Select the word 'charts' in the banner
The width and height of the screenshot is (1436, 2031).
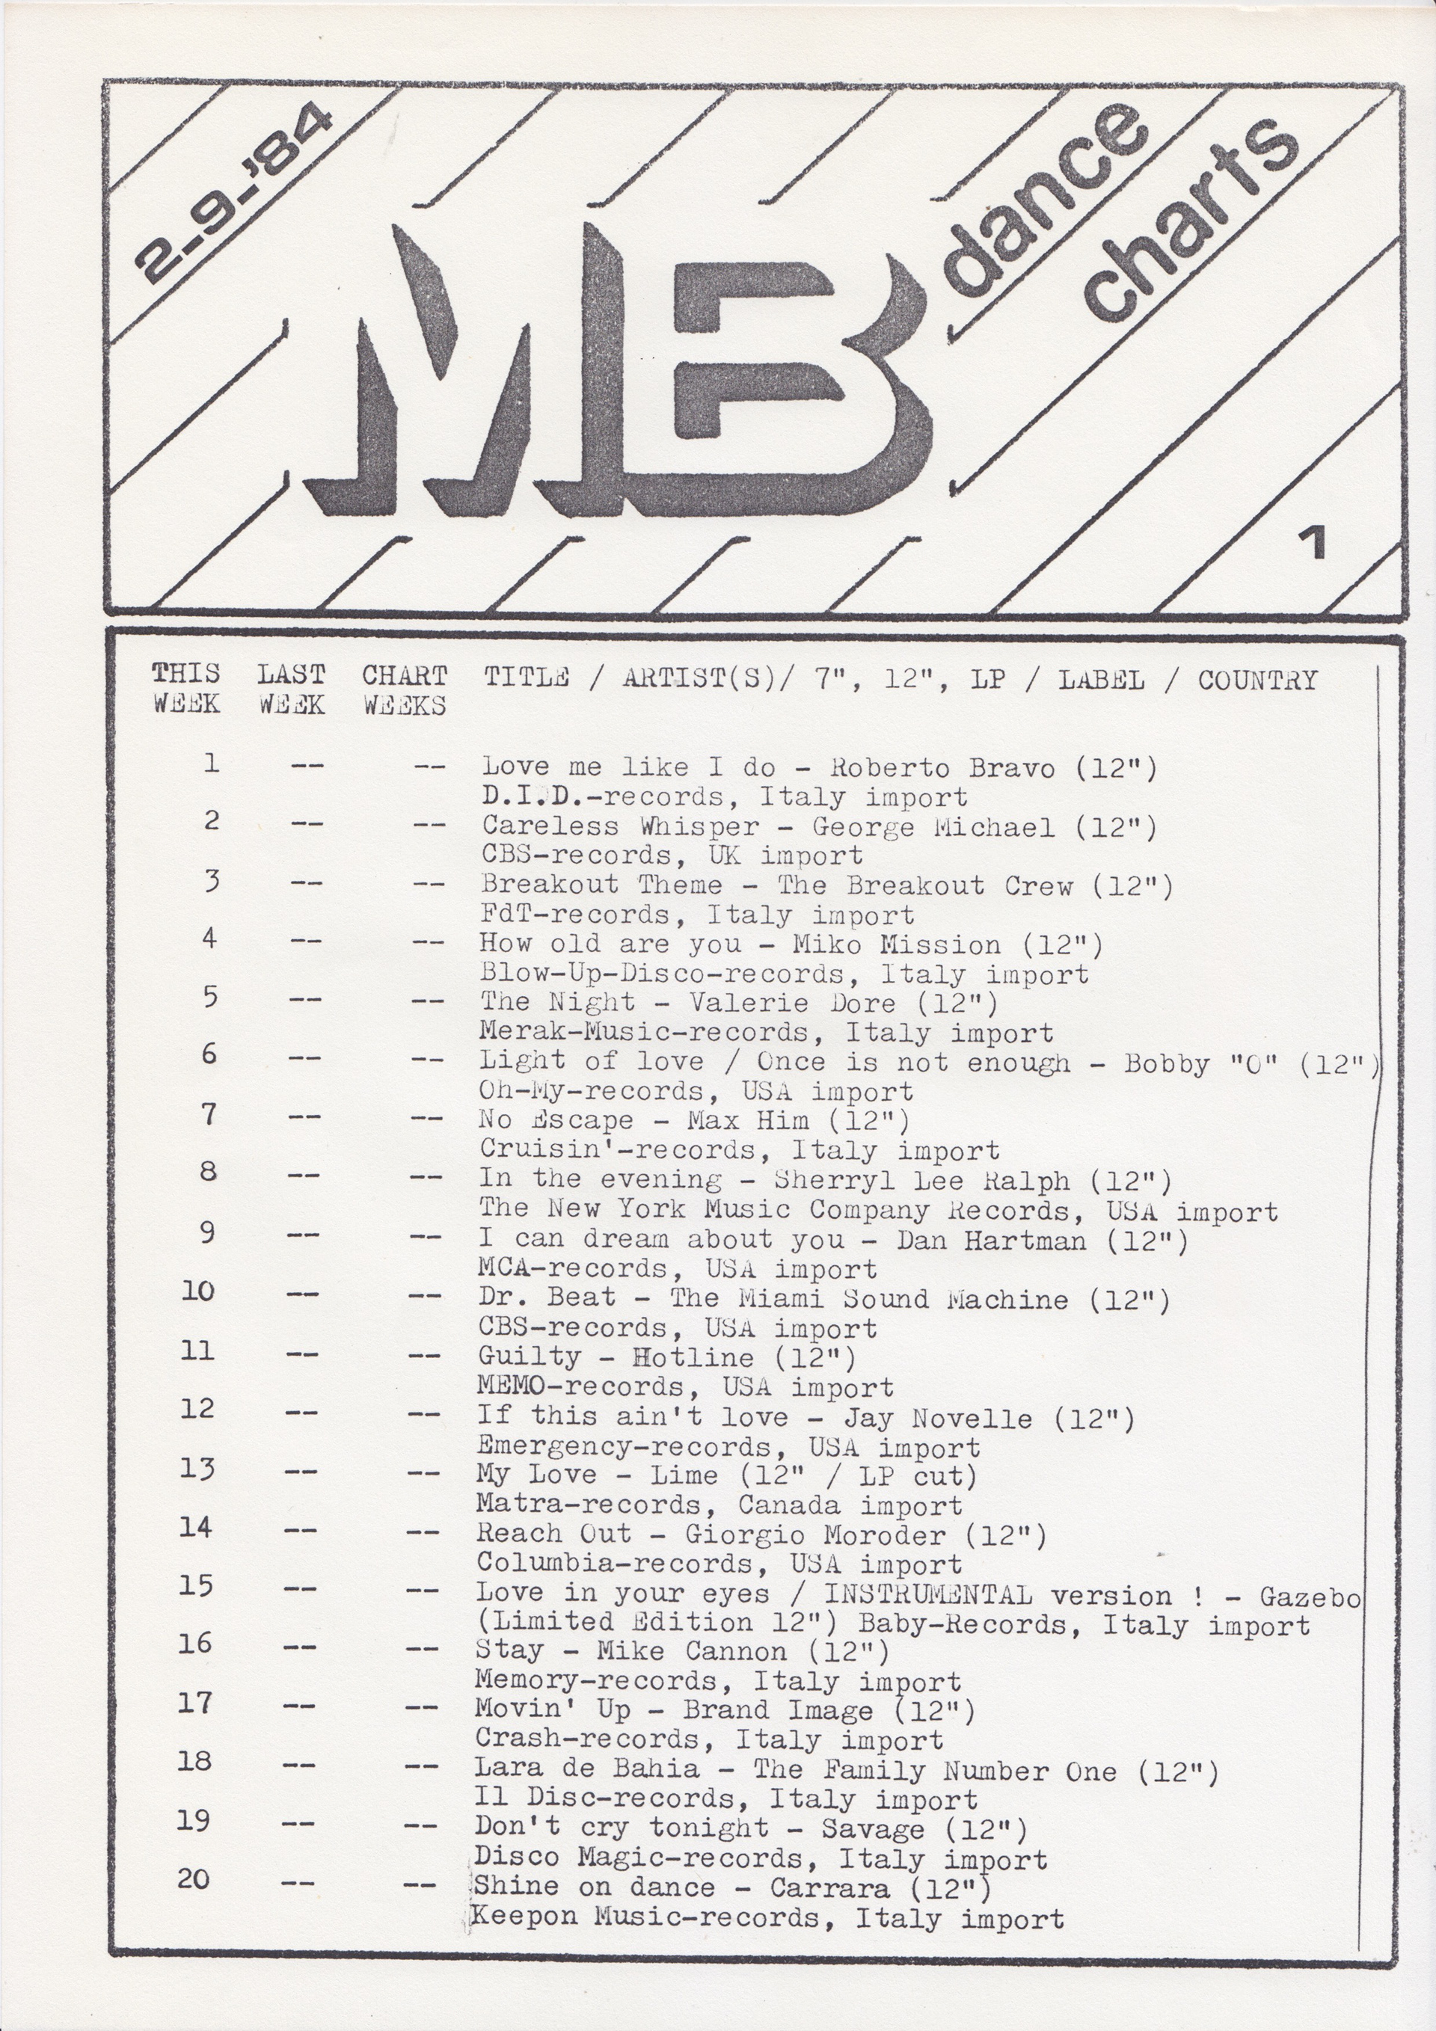(1190, 221)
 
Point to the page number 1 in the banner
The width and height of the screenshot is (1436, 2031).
(1316, 543)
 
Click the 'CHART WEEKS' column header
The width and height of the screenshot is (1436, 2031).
(405, 690)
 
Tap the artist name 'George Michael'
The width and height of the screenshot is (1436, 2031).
(933, 827)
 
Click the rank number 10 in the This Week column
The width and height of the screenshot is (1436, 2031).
(198, 1291)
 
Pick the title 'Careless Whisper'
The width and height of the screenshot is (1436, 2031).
(620, 826)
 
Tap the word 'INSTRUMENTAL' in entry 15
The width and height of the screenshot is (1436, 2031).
(928, 1595)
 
